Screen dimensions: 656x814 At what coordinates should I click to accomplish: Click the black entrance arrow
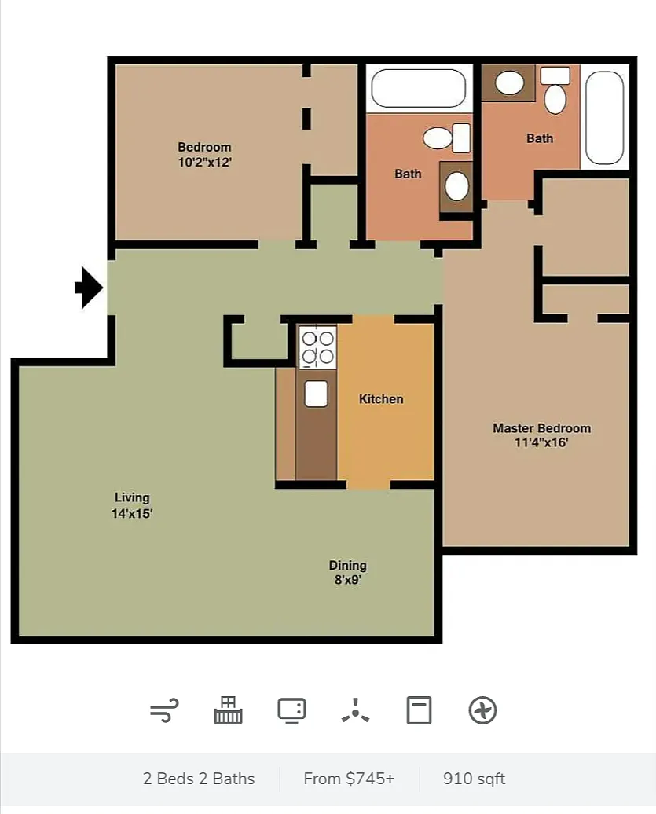coord(90,288)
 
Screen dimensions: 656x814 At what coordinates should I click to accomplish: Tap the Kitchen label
coord(381,398)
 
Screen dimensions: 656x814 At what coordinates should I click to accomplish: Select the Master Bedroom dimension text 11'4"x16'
coord(541,442)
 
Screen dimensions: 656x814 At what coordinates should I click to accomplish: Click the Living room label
coord(132,497)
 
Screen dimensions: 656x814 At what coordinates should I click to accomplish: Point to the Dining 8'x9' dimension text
coord(348,580)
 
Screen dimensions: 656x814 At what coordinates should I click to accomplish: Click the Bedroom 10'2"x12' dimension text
coord(204,162)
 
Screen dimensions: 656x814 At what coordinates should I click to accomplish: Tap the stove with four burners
coord(317,347)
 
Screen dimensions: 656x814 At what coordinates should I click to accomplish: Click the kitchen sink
coord(316,394)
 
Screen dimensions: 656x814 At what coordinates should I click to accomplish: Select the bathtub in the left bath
coord(418,88)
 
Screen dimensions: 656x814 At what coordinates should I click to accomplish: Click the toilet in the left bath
coord(447,138)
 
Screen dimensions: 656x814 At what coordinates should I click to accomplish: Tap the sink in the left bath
coord(456,186)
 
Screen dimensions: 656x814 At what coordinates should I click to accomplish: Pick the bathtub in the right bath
coord(604,118)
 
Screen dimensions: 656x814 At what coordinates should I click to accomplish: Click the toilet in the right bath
coord(555,90)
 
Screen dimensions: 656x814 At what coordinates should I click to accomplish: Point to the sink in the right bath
coord(509,82)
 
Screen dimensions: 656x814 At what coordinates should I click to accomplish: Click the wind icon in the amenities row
coord(164,710)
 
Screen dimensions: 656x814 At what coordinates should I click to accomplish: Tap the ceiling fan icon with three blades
coord(356,711)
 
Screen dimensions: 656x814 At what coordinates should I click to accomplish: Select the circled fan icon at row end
coord(482,710)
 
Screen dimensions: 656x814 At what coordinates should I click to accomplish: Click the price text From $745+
coord(350,779)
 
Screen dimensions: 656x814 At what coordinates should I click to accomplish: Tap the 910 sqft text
coord(474,779)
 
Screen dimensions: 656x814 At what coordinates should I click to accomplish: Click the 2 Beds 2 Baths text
coord(199,779)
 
